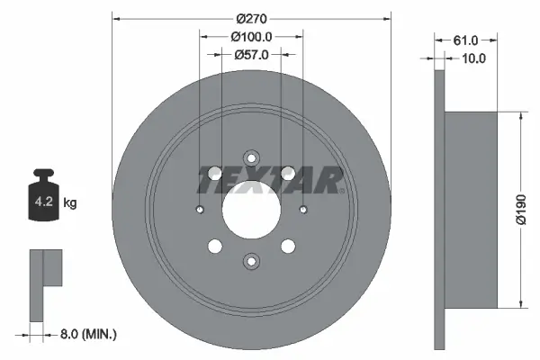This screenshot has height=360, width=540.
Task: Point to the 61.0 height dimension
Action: (464, 40)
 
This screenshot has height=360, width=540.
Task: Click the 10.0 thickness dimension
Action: (473, 58)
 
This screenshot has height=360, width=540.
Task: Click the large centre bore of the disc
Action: (251, 211)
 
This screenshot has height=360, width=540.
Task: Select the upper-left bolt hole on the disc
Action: (215, 174)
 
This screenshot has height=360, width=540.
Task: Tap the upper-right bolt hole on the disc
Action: (288, 174)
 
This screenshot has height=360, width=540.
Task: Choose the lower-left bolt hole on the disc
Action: (215, 247)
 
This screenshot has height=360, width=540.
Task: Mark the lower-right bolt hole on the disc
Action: (288, 247)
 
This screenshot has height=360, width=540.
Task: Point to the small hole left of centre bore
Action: (199, 211)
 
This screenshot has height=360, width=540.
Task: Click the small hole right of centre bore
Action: (303, 211)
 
